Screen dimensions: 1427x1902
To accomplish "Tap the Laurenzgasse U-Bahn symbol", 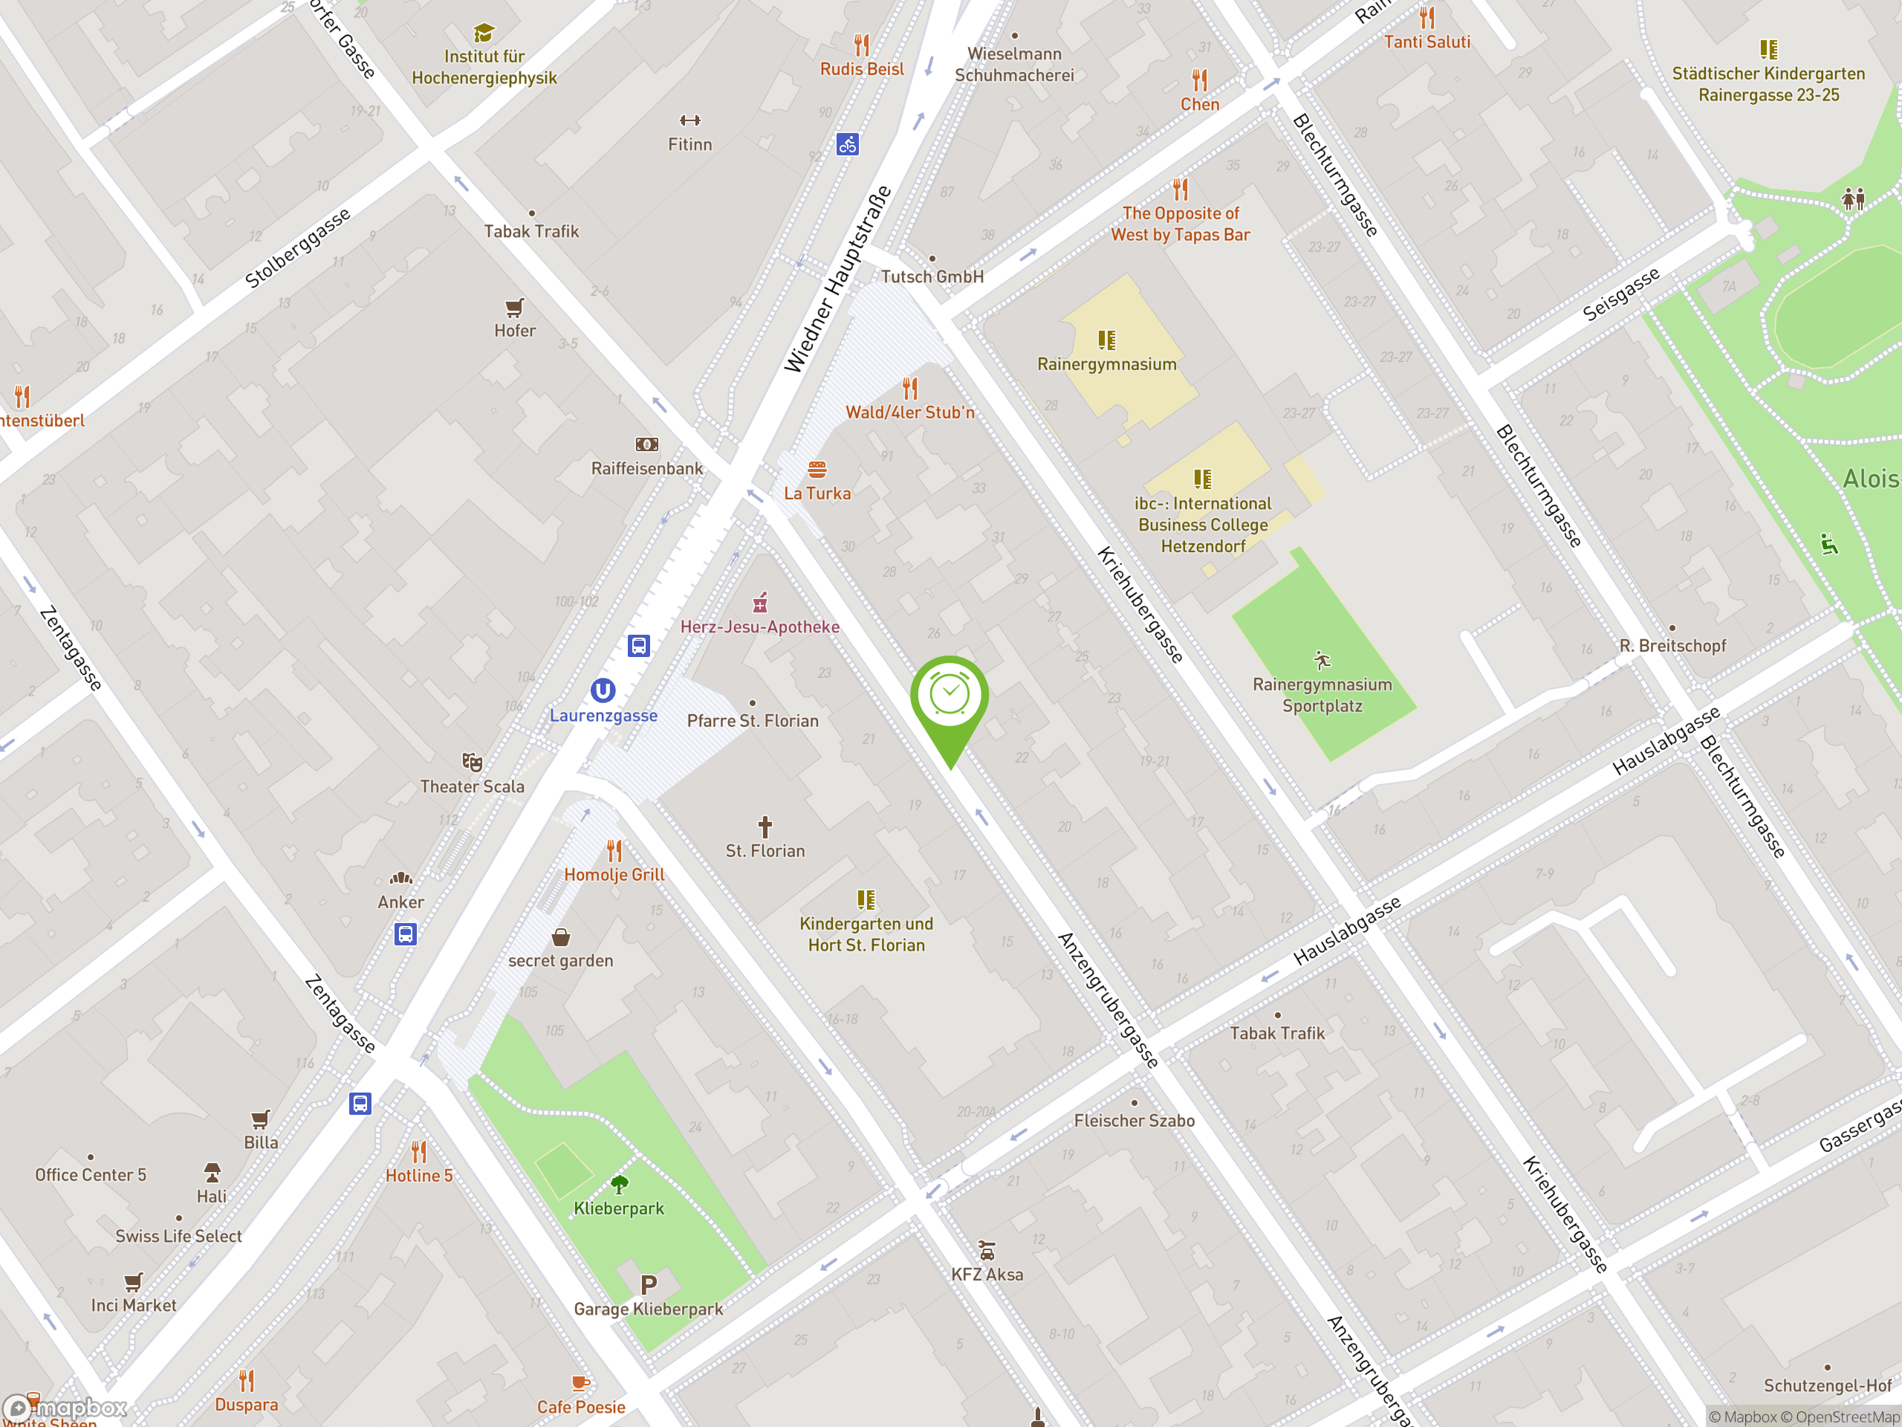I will tap(603, 690).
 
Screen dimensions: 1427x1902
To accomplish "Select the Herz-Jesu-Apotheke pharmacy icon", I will tap(760, 601).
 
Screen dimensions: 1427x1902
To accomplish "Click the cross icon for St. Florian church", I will tap(765, 826).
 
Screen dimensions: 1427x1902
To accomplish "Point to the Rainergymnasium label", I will tap(1106, 364).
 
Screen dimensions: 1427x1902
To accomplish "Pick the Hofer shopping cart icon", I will tap(514, 307).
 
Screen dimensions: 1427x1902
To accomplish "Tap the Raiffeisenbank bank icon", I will tap(646, 444).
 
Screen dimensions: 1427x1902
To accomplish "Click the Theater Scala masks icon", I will tap(472, 762).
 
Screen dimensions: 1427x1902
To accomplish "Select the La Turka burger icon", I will tap(817, 470).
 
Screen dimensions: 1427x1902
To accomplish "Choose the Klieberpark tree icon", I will tap(619, 1185).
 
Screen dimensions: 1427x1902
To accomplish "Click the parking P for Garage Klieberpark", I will tap(649, 1285).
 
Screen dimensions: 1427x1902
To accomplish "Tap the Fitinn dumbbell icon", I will tap(689, 120).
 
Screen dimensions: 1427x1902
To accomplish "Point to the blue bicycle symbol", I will tap(847, 144).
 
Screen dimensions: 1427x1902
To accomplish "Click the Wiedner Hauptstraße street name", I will tap(837, 280).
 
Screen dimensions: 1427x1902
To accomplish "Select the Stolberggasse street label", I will tap(297, 248).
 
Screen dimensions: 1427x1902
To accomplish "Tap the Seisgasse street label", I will tap(1621, 295).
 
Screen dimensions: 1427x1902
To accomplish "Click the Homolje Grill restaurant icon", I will tap(614, 851).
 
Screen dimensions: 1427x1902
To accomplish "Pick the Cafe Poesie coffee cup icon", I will tap(580, 1382).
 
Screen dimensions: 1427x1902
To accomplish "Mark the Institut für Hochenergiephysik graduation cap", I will tap(484, 33).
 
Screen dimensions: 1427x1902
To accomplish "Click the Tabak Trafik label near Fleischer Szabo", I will tap(1277, 1033).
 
